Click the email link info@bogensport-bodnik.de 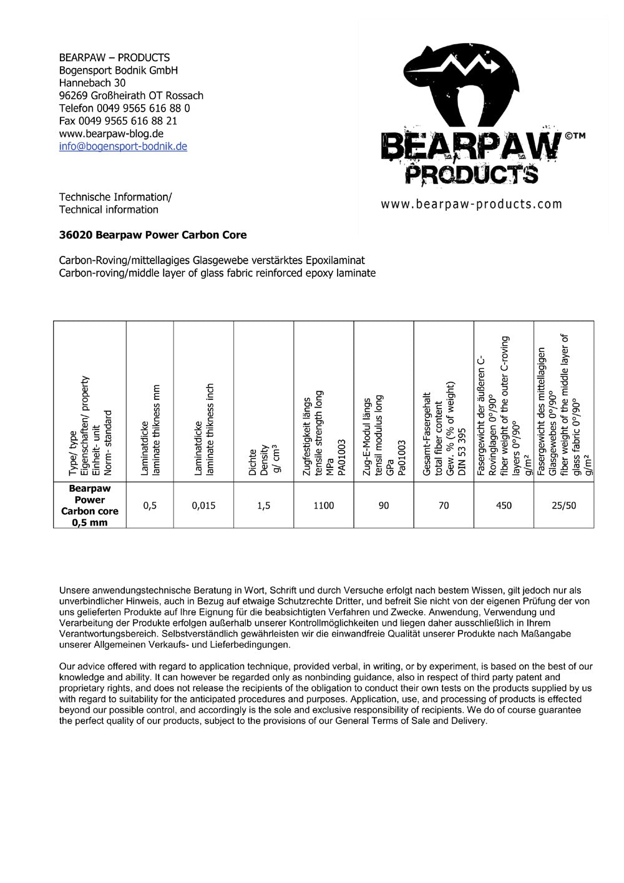coord(123,147)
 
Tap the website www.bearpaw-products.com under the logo coord(471,204)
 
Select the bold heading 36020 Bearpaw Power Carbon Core coord(152,235)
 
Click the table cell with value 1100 coord(323,505)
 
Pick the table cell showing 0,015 coord(203,505)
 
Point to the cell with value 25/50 coord(563,505)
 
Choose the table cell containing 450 coord(504,505)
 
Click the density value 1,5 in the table coord(263,505)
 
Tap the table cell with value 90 coord(383,505)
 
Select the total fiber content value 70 coord(443,505)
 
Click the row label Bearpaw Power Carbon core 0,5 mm coord(90,505)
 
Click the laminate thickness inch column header coord(203,431)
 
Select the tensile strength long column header coord(323,434)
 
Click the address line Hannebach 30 coord(92,83)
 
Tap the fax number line coord(118,121)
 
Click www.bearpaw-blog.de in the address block coord(111,134)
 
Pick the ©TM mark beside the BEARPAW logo coord(575,135)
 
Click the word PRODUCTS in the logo coord(471,173)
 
